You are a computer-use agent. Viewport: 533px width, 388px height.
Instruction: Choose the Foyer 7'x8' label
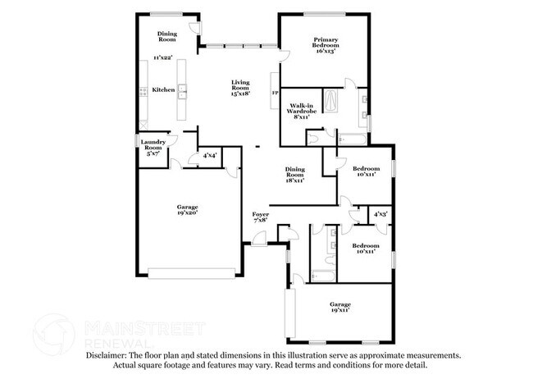(x=261, y=217)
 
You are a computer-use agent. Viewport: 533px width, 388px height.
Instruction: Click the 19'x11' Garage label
(x=340, y=308)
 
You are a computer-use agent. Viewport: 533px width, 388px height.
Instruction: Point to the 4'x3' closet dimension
(x=381, y=215)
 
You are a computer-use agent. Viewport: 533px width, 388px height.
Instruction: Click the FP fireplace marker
(x=276, y=94)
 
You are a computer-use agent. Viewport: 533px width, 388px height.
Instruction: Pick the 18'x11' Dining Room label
(x=294, y=174)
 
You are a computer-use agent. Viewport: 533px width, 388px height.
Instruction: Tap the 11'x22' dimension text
(x=163, y=57)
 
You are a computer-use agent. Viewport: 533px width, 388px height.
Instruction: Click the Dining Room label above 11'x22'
(x=167, y=36)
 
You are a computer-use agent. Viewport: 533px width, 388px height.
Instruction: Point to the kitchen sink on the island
(x=183, y=90)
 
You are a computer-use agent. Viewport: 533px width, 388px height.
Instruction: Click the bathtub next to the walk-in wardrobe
(x=331, y=103)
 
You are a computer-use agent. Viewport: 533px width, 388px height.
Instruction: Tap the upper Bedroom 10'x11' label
(x=366, y=171)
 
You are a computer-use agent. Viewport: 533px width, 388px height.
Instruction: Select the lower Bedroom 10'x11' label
(x=366, y=249)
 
